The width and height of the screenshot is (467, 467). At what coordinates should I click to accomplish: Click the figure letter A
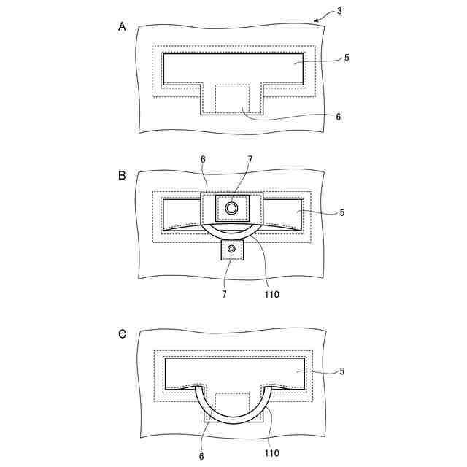pyautogui.click(x=122, y=26)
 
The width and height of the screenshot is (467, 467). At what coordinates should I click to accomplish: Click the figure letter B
pyautogui.click(x=122, y=175)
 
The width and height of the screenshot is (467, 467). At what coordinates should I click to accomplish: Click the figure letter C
pyautogui.click(x=122, y=334)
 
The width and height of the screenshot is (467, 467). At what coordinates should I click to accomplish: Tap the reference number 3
pyautogui.click(x=339, y=12)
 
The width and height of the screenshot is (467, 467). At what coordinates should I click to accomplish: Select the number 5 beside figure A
pyautogui.click(x=346, y=58)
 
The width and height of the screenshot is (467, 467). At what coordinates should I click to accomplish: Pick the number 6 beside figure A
pyautogui.click(x=339, y=116)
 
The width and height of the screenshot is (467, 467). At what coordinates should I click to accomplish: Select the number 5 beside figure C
pyautogui.click(x=341, y=371)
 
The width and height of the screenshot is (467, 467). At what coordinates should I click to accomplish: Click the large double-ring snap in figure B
pyautogui.click(x=232, y=209)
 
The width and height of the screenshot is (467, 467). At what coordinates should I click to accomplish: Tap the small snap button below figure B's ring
pyautogui.click(x=232, y=250)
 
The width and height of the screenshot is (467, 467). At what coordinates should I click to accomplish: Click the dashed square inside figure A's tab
pyautogui.click(x=233, y=99)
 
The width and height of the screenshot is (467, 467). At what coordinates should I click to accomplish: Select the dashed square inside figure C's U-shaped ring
pyautogui.click(x=233, y=406)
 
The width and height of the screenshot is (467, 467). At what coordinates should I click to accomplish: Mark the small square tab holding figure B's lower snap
pyautogui.click(x=232, y=251)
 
